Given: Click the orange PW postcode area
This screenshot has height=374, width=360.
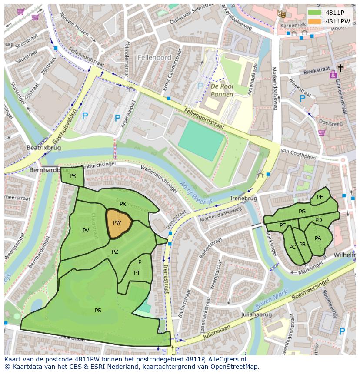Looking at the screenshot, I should click(118, 223).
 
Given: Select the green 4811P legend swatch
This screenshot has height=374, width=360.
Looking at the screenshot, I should click(314, 12).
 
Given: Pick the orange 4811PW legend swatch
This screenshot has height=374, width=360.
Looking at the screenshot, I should click(314, 21).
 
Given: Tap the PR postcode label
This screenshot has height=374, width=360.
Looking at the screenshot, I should click(73, 176).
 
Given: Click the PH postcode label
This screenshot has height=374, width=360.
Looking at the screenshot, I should click(320, 197).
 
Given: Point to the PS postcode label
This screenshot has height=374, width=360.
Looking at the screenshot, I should click(98, 310).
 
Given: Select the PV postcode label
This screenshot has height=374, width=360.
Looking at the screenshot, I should click(86, 231).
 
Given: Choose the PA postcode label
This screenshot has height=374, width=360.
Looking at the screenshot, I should click(318, 238).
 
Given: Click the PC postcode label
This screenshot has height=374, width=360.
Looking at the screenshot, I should click(292, 247).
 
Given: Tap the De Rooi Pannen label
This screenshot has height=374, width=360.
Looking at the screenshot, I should click(222, 90).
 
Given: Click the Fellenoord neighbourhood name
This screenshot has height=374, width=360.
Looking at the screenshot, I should click(154, 57).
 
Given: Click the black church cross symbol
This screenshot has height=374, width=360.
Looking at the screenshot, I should click(340, 68).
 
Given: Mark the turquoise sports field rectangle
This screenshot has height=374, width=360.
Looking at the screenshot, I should click(201, 140).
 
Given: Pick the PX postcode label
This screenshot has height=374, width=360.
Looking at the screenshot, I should click(123, 204).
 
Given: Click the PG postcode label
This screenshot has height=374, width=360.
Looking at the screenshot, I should click(302, 212).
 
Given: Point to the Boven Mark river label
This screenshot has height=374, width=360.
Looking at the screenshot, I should click(272, 298).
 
